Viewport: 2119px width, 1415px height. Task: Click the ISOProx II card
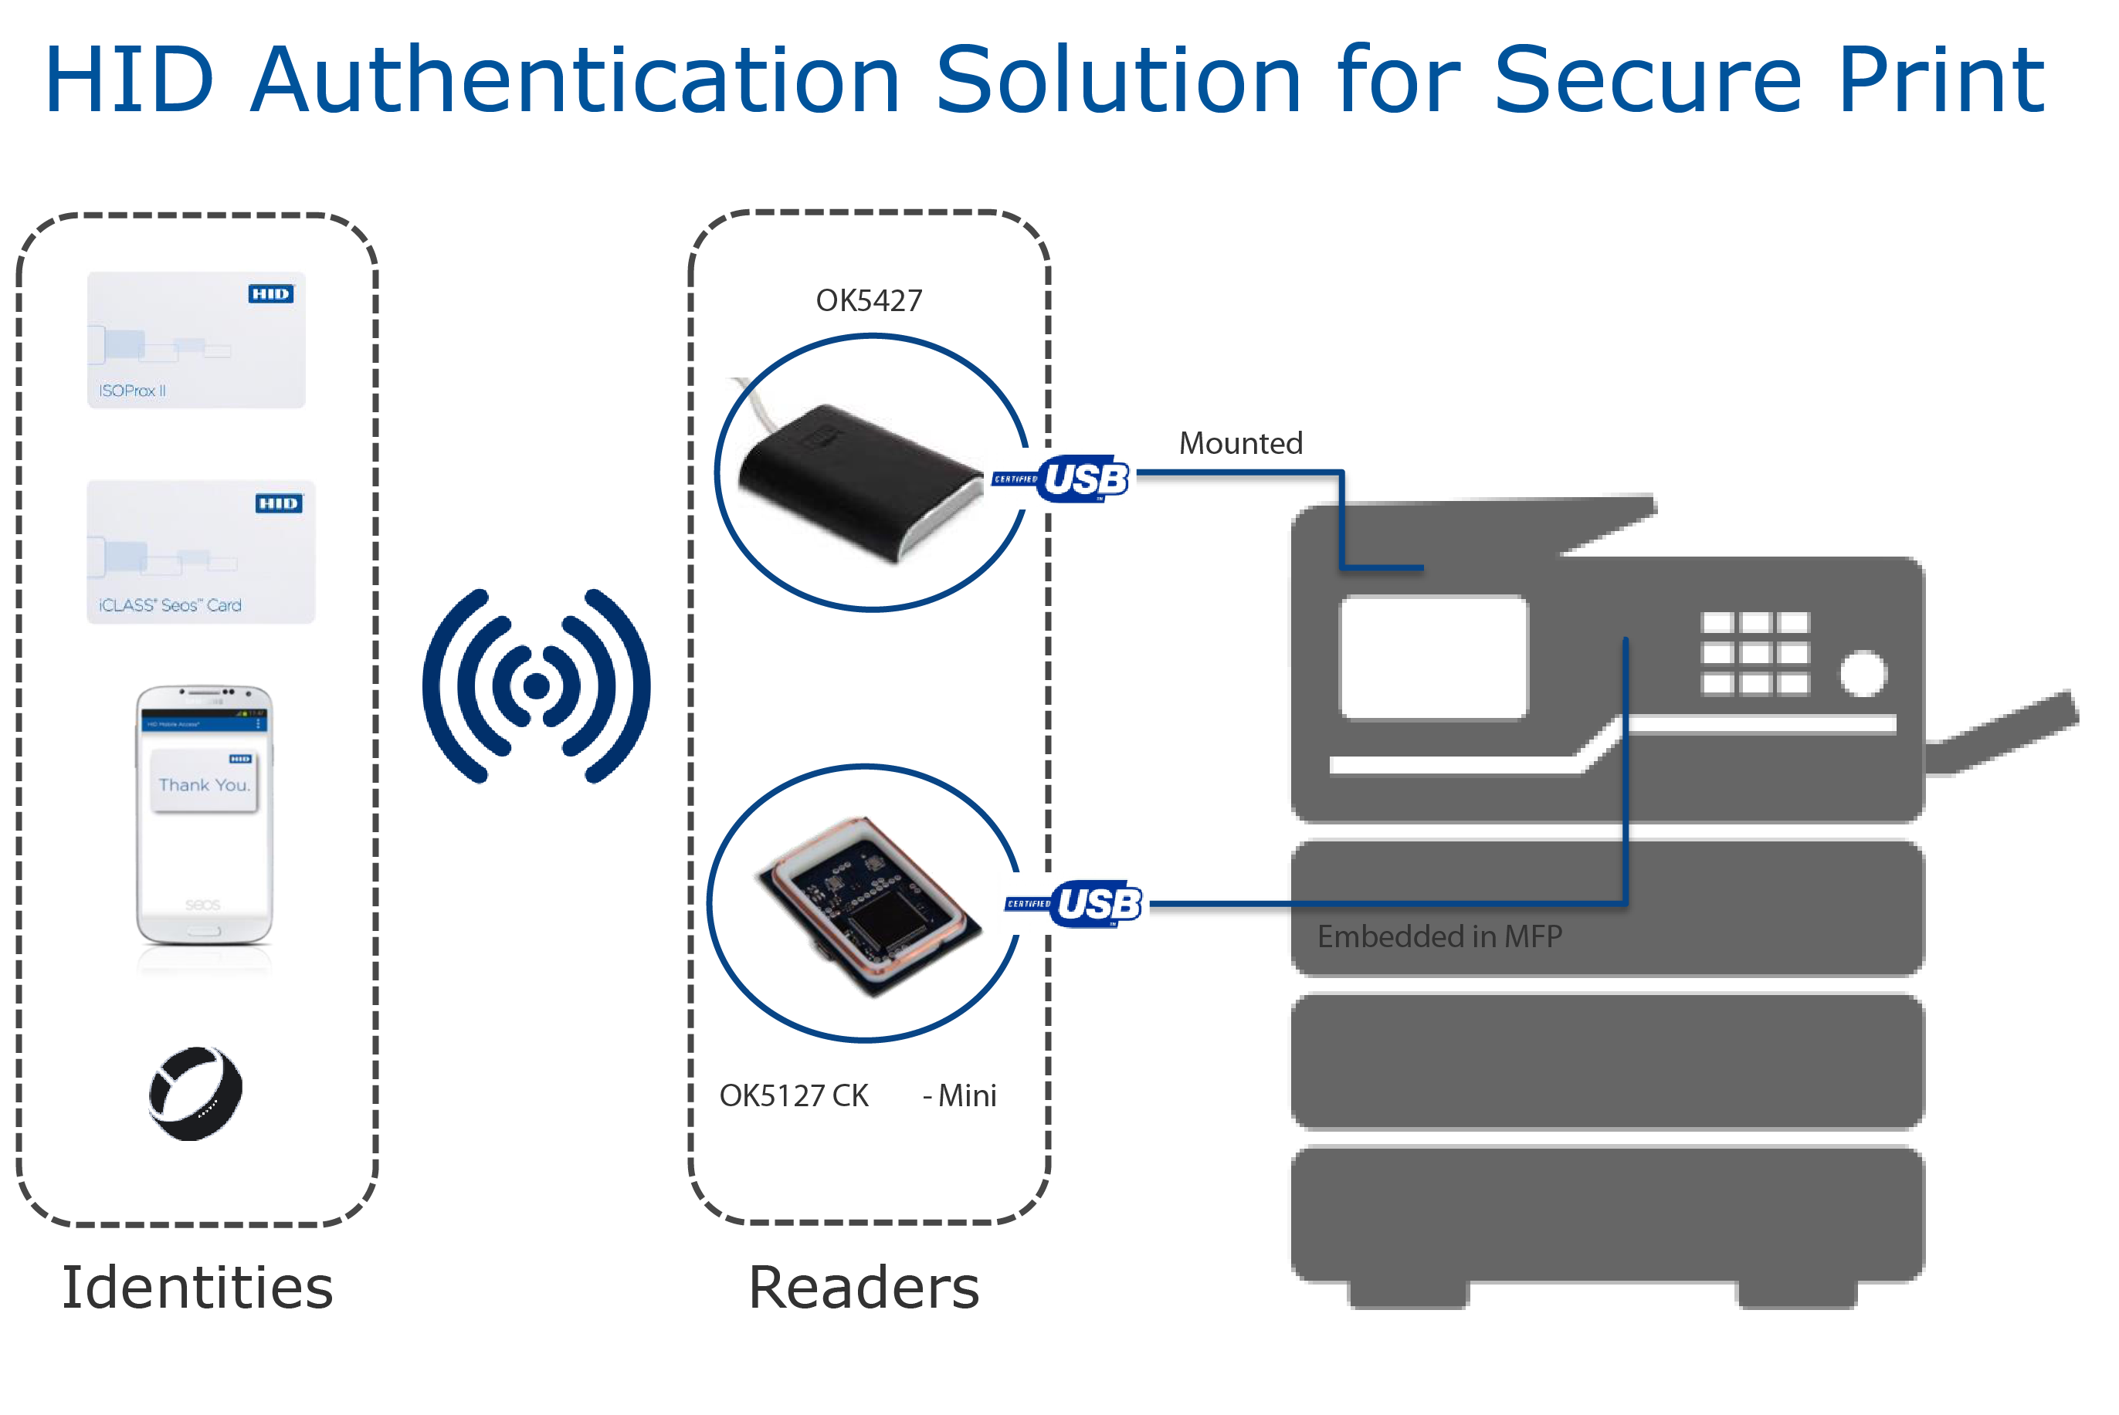point(196,340)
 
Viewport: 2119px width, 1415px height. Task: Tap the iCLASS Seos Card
point(200,551)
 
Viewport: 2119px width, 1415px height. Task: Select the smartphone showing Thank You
point(204,815)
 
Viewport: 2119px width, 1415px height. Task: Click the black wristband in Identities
point(195,1094)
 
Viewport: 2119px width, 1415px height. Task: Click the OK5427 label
point(868,300)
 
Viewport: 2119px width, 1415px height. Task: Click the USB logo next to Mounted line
point(1083,479)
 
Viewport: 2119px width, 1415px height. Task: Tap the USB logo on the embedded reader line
point(1097,903)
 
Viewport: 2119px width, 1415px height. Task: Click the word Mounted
point(1240,443)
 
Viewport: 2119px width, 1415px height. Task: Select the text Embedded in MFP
point(1439,936)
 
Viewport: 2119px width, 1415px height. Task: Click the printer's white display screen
point(1433,657)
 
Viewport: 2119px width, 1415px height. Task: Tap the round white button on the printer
point(1863,673)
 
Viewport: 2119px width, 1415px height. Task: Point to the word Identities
point(197,1287)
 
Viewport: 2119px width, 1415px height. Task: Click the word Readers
point(863,1287)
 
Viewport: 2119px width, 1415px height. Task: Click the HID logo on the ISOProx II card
point(271,294)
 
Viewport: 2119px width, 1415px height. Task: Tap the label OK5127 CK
point(793,1095)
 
